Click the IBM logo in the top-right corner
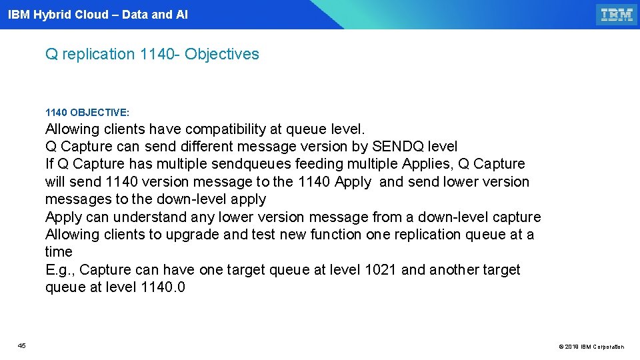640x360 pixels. pos(617,15)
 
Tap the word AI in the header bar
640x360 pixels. pos(181,15)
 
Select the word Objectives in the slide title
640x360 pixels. pos(222,54)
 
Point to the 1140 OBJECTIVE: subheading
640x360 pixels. pos(87,113)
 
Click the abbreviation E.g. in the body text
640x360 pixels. pos(60,270)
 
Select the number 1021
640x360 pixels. pos(381,270)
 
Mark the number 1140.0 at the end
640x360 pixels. pos(164,287)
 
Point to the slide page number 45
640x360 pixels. pos(22,345)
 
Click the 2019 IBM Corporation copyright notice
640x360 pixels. pos(591,347)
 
